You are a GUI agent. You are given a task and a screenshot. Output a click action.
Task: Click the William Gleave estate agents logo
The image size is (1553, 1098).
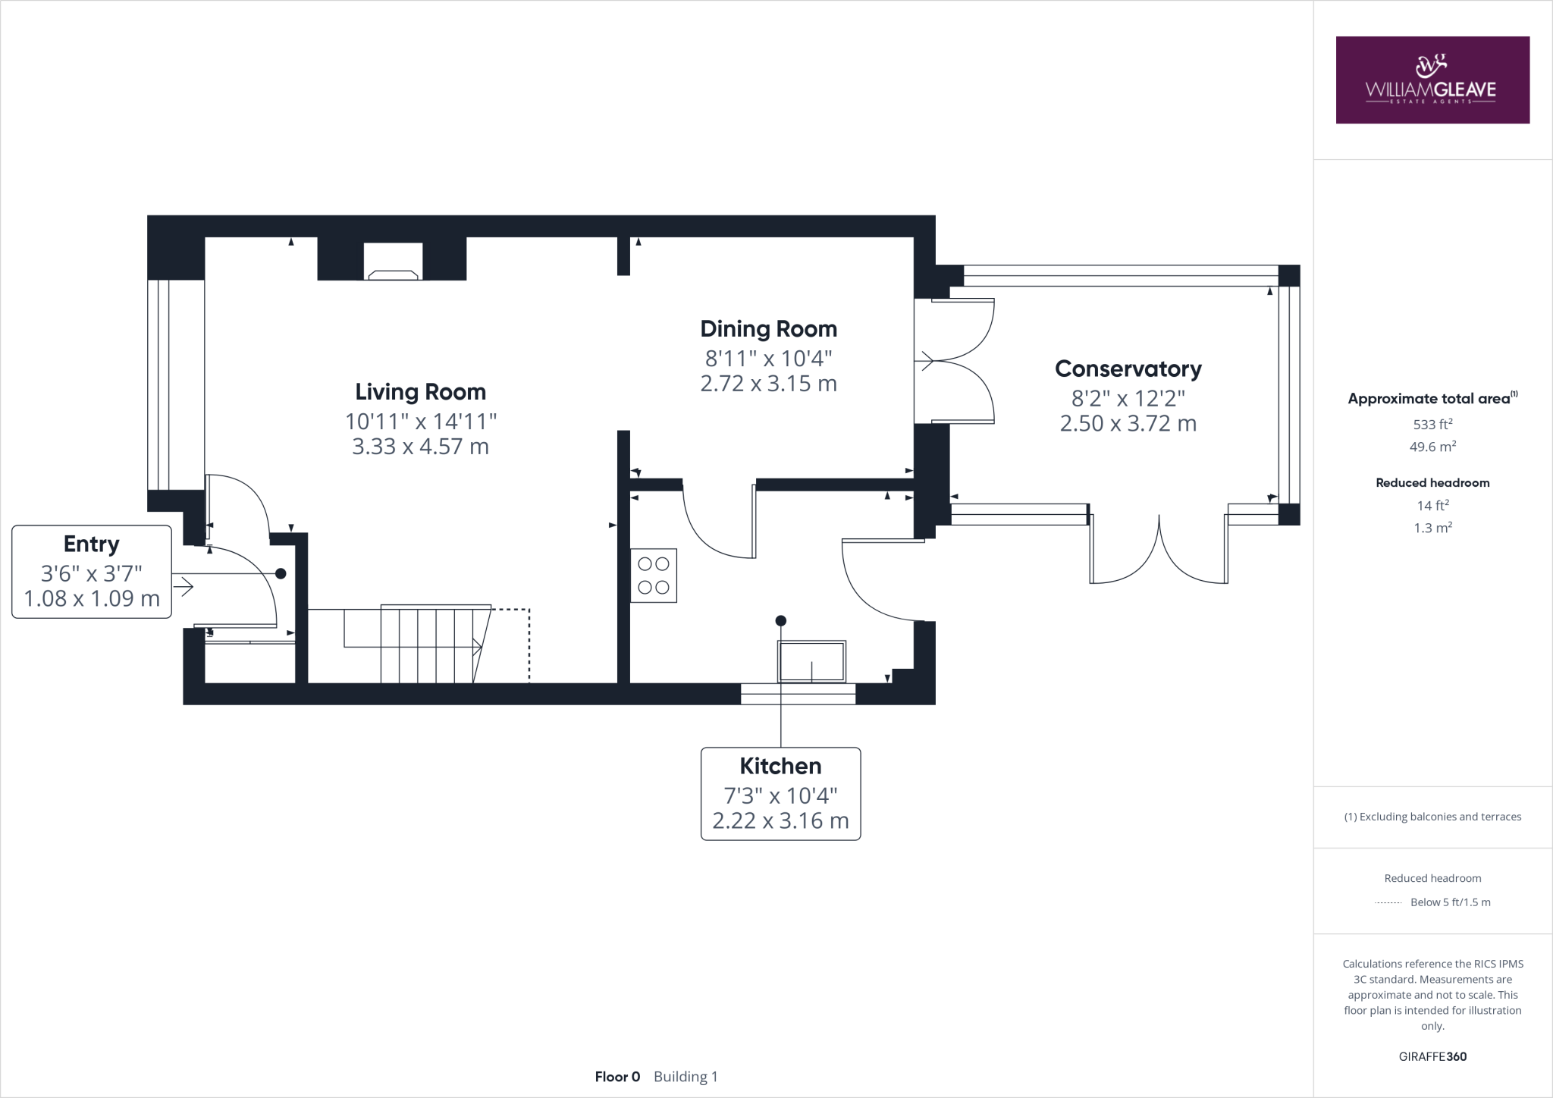1432,80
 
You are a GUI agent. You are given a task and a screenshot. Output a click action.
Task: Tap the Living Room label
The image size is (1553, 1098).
420,392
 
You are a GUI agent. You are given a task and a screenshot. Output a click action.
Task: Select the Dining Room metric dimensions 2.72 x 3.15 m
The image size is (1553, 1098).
768,384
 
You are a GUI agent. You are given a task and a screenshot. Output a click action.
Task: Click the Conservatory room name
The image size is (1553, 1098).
1128,369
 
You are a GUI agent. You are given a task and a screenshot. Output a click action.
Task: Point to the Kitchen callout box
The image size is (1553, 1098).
780,793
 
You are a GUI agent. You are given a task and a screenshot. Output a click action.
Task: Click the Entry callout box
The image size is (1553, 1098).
92,572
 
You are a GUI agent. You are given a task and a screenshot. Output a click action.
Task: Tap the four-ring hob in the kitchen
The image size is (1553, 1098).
654,576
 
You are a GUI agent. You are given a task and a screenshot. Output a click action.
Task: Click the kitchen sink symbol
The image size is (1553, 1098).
811,661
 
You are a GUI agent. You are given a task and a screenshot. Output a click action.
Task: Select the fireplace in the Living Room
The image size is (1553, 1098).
392,262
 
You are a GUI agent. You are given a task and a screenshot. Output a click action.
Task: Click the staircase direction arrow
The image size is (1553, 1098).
477,647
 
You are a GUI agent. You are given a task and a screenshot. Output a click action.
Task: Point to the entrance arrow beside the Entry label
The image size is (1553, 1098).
184,586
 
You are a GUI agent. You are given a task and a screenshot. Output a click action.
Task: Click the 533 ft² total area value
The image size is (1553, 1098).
1432,425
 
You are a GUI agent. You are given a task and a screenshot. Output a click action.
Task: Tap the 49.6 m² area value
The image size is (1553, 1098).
1432,447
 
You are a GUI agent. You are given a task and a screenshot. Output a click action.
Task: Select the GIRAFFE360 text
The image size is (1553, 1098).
1432,1056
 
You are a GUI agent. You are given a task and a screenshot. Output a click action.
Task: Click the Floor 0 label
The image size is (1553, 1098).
617,1077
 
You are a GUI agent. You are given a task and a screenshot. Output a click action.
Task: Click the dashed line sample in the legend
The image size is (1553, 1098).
1388,902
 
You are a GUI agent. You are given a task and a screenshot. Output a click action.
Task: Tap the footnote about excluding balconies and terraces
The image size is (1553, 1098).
1432,817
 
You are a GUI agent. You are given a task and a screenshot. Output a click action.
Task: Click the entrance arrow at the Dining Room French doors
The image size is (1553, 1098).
926,361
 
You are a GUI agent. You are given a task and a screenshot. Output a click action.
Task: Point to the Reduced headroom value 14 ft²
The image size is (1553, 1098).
1432,506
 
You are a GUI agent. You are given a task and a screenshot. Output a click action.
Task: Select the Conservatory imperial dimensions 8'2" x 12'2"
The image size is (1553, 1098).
1128,398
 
